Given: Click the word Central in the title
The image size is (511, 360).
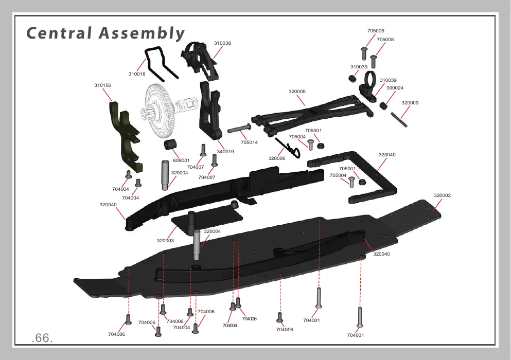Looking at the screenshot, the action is tap(59, 33).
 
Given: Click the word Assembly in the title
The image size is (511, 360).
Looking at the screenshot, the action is tap(142, 34).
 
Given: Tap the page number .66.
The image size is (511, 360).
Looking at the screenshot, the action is tap(42, 338).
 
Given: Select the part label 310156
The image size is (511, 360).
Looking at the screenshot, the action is tap(102, 85).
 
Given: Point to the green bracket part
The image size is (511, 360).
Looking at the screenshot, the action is tap(125, 137).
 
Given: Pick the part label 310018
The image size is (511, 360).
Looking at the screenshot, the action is tap(137, 74).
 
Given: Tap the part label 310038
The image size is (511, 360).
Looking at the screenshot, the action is tap(222, 43).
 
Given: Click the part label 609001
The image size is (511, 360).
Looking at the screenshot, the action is tap(181, 160).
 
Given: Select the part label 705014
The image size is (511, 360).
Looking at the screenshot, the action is tap(249, 142).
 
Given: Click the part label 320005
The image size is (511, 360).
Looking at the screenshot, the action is tap(297, 92).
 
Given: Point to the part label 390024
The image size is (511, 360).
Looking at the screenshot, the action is tap(395, 88).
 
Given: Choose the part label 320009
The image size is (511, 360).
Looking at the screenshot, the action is tap(410, 103).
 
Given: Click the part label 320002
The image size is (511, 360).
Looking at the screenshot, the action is tap(442, 195).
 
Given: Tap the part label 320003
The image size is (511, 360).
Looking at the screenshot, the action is tap(165, 241).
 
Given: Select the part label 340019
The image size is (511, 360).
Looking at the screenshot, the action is tap(225, 152).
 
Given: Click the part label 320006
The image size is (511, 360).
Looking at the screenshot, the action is tap(277, 158).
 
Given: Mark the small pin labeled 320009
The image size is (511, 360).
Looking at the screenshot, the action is tap(399, 119).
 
